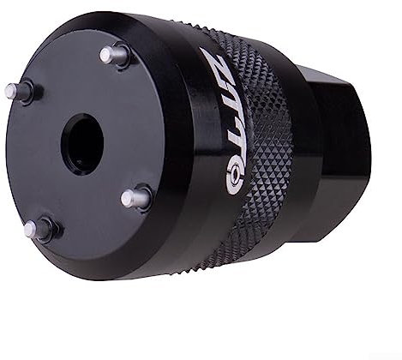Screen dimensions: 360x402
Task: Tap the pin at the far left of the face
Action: click(x=16, y=89)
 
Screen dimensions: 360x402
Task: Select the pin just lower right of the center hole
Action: click(x=134, y=199)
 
